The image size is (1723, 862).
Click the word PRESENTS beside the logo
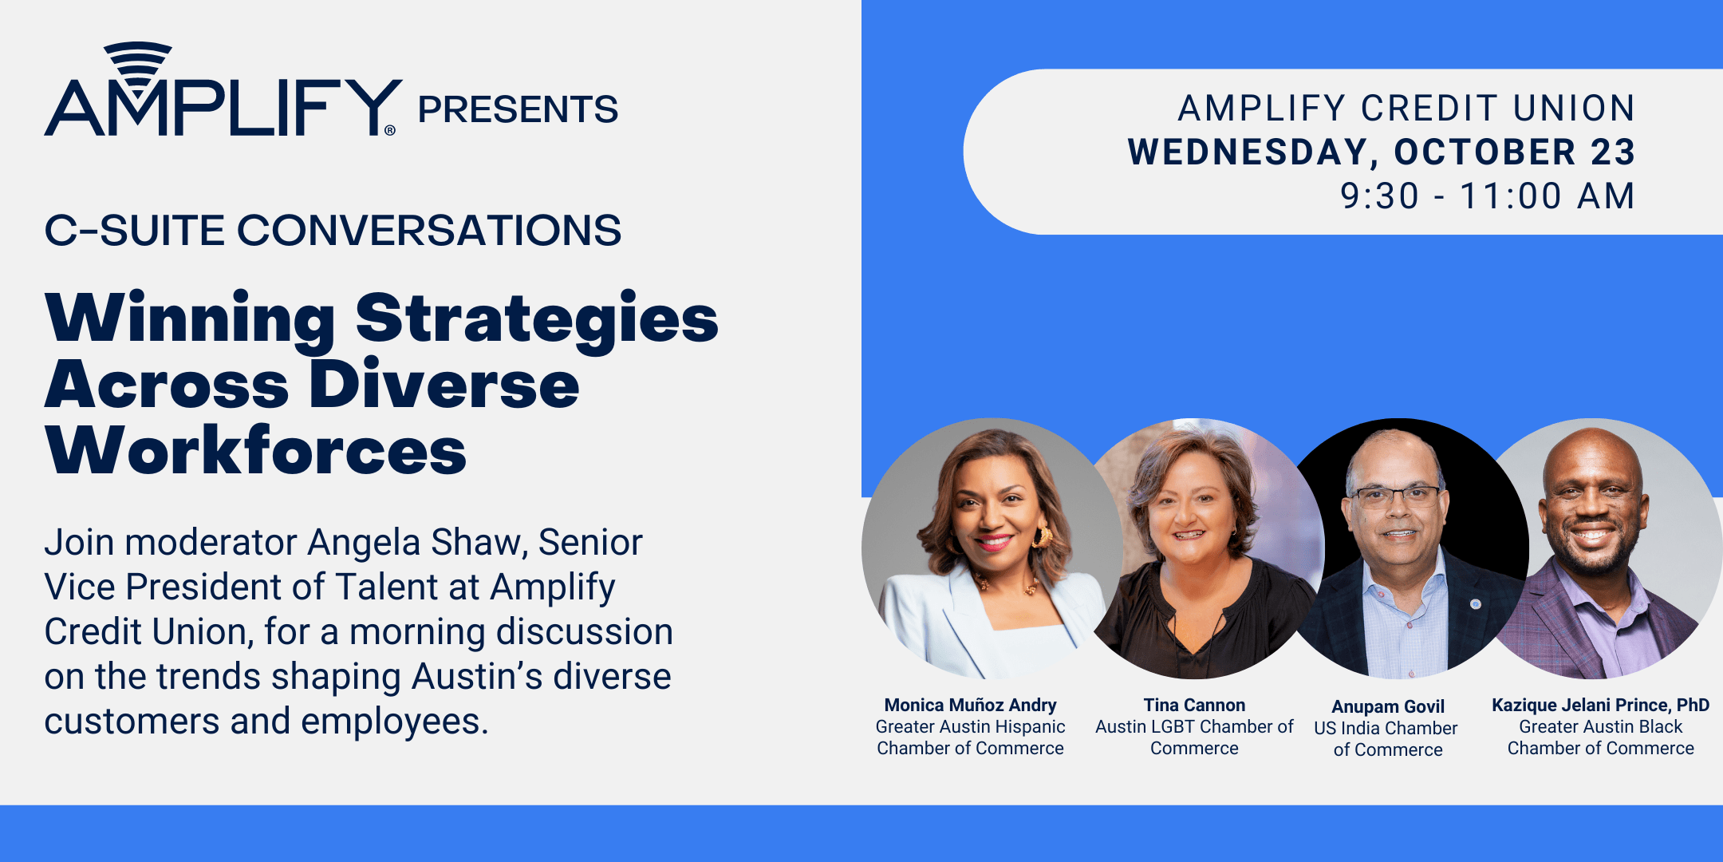pyautogui.click(x=518, y=110)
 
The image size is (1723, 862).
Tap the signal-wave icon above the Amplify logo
pyautogui.click(x=138, y=61)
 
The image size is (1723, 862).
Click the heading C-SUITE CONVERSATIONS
pyautogui.click(x=333, y=231)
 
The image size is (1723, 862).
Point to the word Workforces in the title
pyautogui.click(x=255, y=451)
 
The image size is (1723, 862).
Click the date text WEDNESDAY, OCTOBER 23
pyautogui.click(x=1382, y=152)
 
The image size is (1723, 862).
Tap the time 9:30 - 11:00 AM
pyautogui.click(x=1488, y=196)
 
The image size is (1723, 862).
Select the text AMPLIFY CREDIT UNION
pyautogui.click(x=1406, y=109)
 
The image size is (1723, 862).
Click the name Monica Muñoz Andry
pyautogui.click(x=970, y=706)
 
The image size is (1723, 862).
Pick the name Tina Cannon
pyautogui.click(x=1194, y=706)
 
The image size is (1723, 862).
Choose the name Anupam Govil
pyautogui.click(x=1388, y=707)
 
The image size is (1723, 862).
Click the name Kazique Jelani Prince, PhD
pyautogui.click(x=1600, y=706)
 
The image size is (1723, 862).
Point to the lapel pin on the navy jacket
pyautogui.click(x=1476, y=604)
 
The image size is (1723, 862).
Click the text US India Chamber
pyautogui.click(x=1386, y=729)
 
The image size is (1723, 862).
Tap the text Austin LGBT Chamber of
pyautogui.click(x=1194, y=727)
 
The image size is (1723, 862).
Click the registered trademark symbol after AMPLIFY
pyautogui.click(x=390, y=130)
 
